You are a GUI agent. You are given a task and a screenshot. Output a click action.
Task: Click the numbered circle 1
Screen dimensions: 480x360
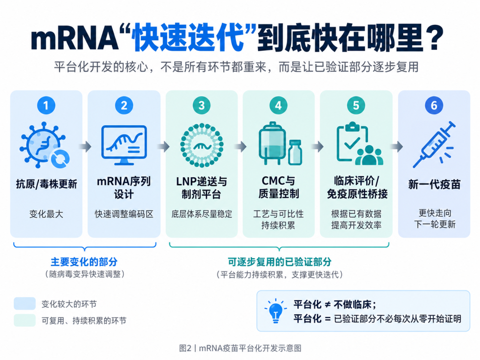[x=46, y=105]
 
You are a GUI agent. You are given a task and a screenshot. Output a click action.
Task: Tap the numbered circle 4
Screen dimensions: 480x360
[x=278, y=105]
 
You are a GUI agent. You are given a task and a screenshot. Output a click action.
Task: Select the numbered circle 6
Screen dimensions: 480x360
[x=434, y=105]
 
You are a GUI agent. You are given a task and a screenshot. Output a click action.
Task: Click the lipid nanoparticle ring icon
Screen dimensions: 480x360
[x=202, y=145]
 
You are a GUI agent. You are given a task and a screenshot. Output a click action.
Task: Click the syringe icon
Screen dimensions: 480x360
[x=434, y=144]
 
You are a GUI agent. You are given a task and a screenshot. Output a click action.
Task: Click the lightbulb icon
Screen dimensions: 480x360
[x=275, y=311]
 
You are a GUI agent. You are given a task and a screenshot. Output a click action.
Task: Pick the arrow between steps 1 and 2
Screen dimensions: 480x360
[x=85, y=146]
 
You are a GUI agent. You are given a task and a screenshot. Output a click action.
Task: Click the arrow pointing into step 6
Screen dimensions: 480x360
[x=397, y=146]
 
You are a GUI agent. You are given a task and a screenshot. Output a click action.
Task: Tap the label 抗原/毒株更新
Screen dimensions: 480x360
[x=47, y=184]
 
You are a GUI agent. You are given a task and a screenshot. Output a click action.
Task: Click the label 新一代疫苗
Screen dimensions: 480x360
[x=434, y=184]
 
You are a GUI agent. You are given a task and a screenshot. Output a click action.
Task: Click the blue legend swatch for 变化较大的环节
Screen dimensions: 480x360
[x=25, y=304]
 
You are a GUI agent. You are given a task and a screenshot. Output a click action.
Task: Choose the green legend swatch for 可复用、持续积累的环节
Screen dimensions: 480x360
[x=25, y=320]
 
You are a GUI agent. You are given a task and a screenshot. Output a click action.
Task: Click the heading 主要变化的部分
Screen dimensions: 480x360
[x=84, y=262]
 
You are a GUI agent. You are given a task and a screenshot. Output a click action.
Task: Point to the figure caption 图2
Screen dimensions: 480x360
[x=185, y=348]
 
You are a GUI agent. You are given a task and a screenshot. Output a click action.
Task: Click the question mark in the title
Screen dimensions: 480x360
[x=435, y=38]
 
